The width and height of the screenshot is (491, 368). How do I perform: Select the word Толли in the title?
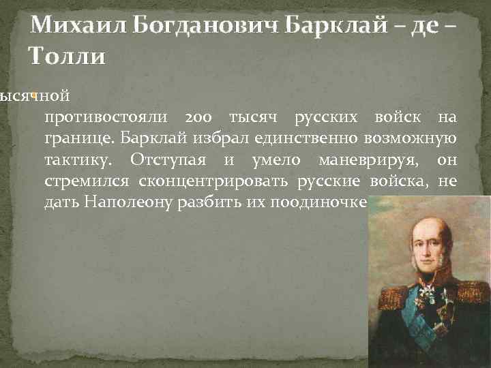coord(68,56)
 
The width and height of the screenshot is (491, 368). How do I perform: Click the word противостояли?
coord(110,118)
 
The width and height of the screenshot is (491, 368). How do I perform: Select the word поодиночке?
coord(320,204)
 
